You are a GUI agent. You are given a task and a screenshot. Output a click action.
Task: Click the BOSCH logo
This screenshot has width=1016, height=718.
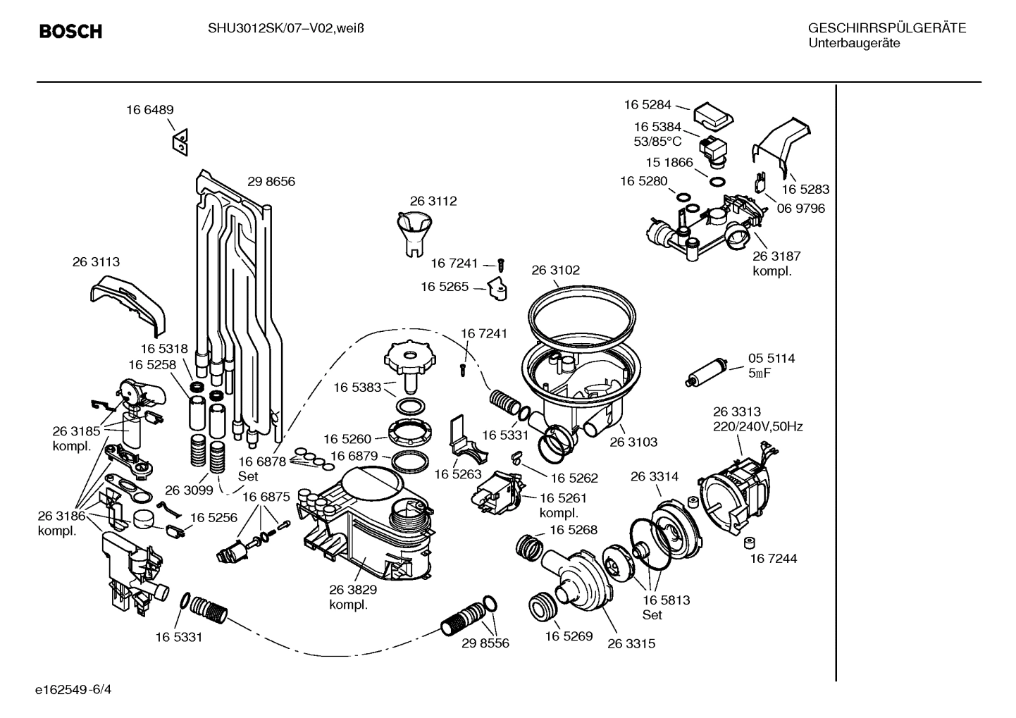point(70,32)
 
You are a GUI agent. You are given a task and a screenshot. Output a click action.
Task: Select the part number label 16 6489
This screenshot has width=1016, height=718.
point(149,110)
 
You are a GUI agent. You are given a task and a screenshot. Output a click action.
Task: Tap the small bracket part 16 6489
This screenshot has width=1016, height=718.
point(180,142)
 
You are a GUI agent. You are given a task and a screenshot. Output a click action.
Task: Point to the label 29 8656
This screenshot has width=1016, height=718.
point(271,182)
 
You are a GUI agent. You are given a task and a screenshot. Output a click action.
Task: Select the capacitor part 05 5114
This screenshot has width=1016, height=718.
point(707,372)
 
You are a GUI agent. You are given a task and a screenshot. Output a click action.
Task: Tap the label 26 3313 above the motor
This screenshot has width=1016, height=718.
point(736,411)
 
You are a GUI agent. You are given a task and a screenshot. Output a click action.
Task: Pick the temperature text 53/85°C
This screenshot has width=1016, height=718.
point(657,141)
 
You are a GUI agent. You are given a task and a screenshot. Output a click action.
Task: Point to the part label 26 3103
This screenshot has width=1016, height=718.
point(633,442)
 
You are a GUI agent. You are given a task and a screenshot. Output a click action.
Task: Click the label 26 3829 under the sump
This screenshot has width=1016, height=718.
point(352,590)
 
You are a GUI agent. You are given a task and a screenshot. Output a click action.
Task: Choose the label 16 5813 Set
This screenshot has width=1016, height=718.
point(666,607)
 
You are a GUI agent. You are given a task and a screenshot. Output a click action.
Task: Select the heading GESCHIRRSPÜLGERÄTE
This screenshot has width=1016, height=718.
point(886,28)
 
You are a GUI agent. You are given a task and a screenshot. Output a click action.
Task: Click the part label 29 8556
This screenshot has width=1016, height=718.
point(485,643)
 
